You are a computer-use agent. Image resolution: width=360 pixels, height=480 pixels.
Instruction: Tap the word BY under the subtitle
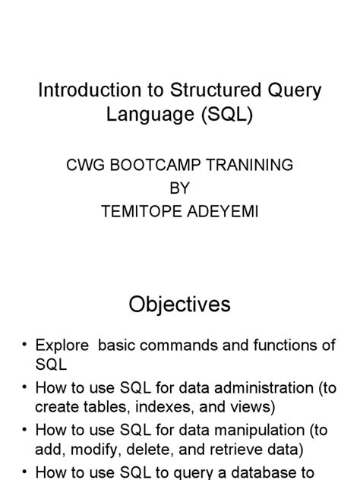pos(180,188)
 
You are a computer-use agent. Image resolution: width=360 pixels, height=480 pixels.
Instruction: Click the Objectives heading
pos(179,305)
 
